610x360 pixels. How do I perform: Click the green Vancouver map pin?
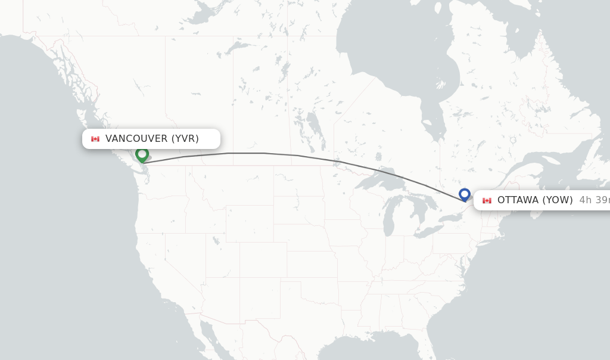click(x=142, y=154)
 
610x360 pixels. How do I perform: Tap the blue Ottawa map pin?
click(x=465, y=194)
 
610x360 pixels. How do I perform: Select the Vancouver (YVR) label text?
click(x=152, y=139)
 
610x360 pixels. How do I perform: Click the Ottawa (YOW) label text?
click(x=535, y=200)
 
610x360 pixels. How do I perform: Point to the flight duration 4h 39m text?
click(x=594, y=200)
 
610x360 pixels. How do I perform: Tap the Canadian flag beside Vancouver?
click(x=95, y=139)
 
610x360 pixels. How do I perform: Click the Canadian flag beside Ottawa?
click(x=487, y=200)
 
